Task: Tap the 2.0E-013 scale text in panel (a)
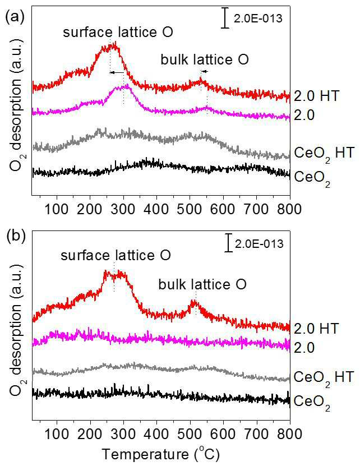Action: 258,19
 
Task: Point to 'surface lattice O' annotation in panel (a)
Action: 118,32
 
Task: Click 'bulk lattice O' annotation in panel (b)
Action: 202,284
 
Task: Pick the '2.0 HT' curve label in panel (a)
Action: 317,96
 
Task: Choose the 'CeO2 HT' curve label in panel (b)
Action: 324,379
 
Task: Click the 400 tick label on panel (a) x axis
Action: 156,209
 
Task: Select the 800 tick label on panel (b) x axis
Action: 290,434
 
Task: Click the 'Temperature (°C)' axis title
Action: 161,454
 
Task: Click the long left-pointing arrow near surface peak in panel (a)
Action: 117,72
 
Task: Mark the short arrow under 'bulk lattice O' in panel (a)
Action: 204,71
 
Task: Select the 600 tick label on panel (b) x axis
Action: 223,434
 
